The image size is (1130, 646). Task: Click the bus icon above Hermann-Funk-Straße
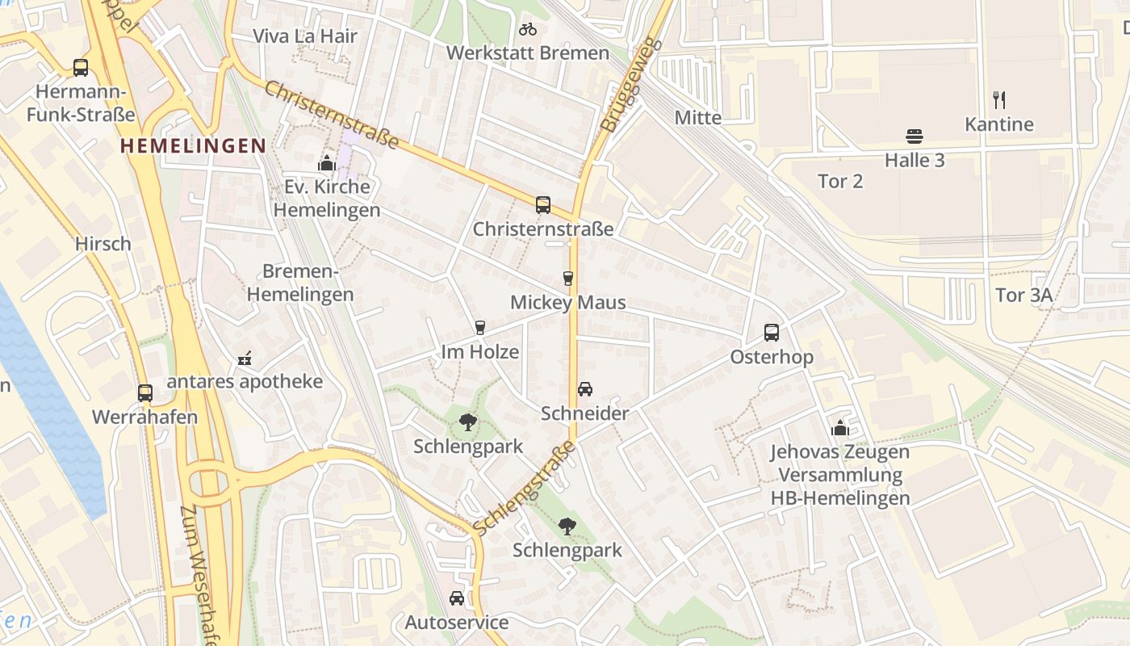coord(81,68)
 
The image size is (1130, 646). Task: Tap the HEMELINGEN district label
coord(192,146)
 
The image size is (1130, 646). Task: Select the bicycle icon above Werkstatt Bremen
coord(528,30)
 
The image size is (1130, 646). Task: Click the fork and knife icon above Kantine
coord(999,100)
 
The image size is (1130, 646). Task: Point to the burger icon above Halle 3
coord(914,136)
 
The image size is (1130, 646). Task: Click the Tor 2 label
coord(840,182)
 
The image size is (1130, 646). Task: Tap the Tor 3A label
coord(1023,296)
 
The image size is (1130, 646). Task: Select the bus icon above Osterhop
coord(772,333)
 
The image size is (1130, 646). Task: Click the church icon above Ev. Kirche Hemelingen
coord(326,163)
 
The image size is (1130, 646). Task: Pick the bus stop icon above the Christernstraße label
coord(543,205)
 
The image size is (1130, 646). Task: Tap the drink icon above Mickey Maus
coord(568,279)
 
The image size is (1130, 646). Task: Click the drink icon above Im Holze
coord(480,328)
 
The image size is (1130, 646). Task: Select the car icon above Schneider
coord(585,389)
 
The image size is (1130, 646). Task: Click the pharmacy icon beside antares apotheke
coord(245,359)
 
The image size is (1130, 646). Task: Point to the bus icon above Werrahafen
coord(145,393)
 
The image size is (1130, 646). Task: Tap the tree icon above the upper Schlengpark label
coord(467,422)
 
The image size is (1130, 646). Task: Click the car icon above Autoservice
coord(457,598)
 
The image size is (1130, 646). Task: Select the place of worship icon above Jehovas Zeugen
coord(840,428)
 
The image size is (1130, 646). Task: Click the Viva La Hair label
coord(305,36)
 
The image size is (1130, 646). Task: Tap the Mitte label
coord(698,118)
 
